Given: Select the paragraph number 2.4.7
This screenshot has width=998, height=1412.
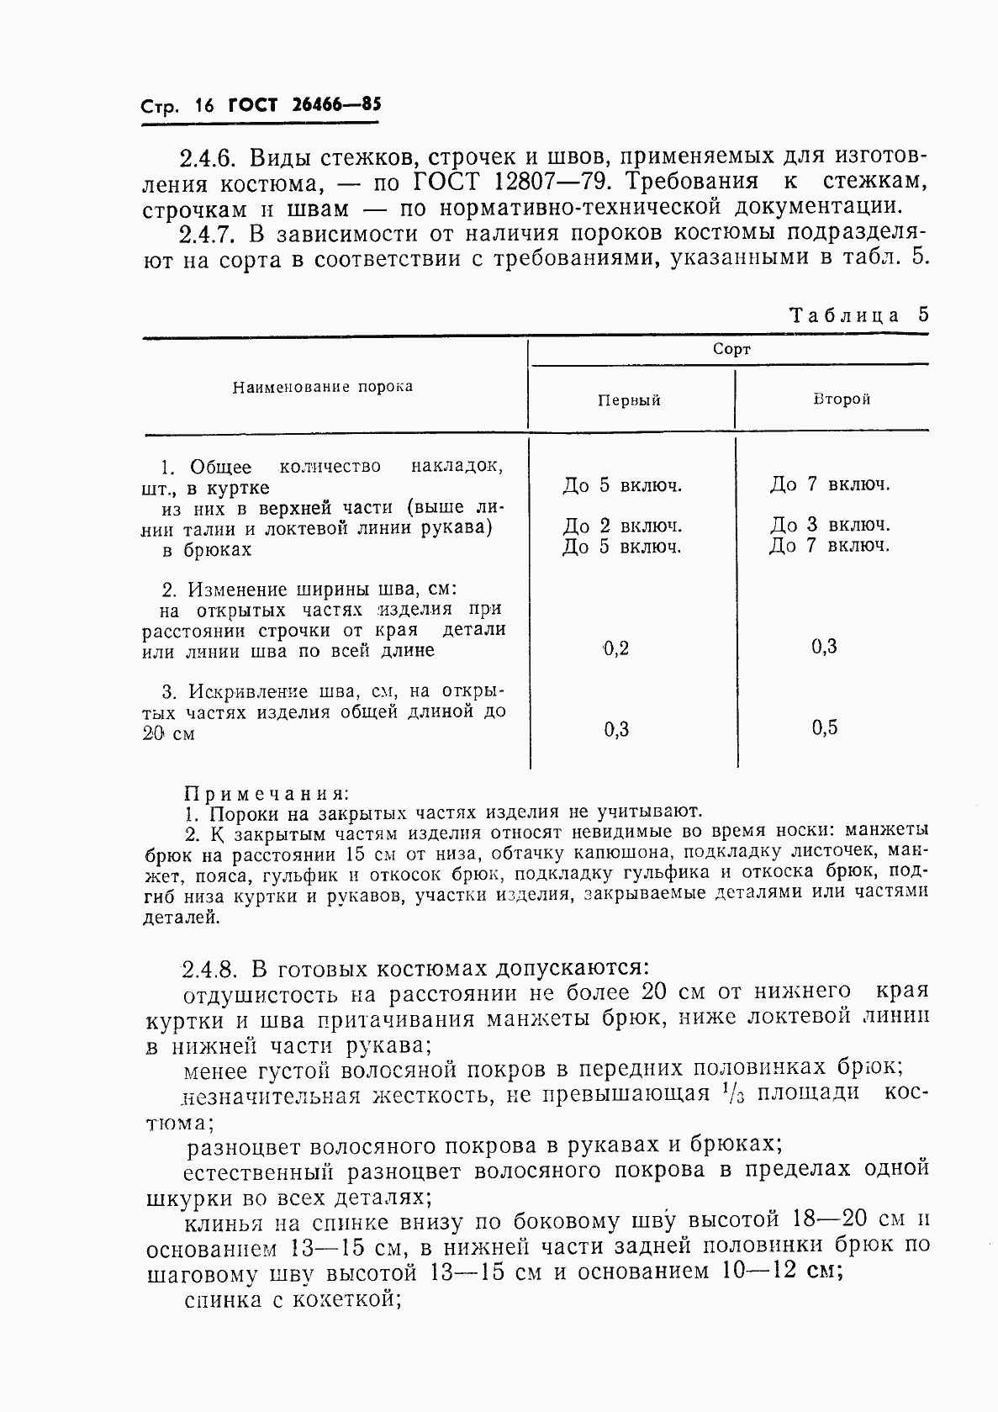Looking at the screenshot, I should [208, 234].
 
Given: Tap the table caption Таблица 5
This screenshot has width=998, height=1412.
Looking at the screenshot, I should [858, 315].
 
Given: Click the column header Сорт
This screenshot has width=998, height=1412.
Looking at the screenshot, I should [731, 349].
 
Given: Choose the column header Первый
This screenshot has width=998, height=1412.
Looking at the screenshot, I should [629, 400].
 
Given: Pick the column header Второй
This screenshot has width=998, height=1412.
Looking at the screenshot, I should [841, 399].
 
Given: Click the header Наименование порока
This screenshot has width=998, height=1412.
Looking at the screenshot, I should [323, 387].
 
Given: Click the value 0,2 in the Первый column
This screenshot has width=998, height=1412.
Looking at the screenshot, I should [616, 648].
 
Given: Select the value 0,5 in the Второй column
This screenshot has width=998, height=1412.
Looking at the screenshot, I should [825, 728].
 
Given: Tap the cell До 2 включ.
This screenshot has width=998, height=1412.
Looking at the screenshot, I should [622, 526].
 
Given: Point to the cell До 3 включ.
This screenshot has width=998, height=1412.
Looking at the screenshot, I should [830, 526].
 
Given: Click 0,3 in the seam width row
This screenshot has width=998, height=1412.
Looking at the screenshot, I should [825, 647].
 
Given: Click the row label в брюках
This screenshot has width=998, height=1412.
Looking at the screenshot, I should [207, 550].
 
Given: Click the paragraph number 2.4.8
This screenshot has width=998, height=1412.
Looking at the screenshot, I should [210, 968].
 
